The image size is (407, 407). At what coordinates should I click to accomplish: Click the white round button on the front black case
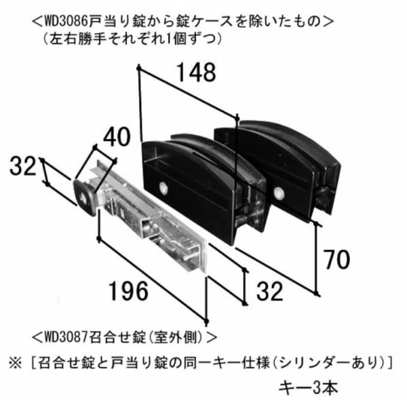click(164, 189)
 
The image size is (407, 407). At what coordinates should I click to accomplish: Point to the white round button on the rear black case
click(278, 194)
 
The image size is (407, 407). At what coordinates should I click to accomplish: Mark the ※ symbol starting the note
click(14, 360)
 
